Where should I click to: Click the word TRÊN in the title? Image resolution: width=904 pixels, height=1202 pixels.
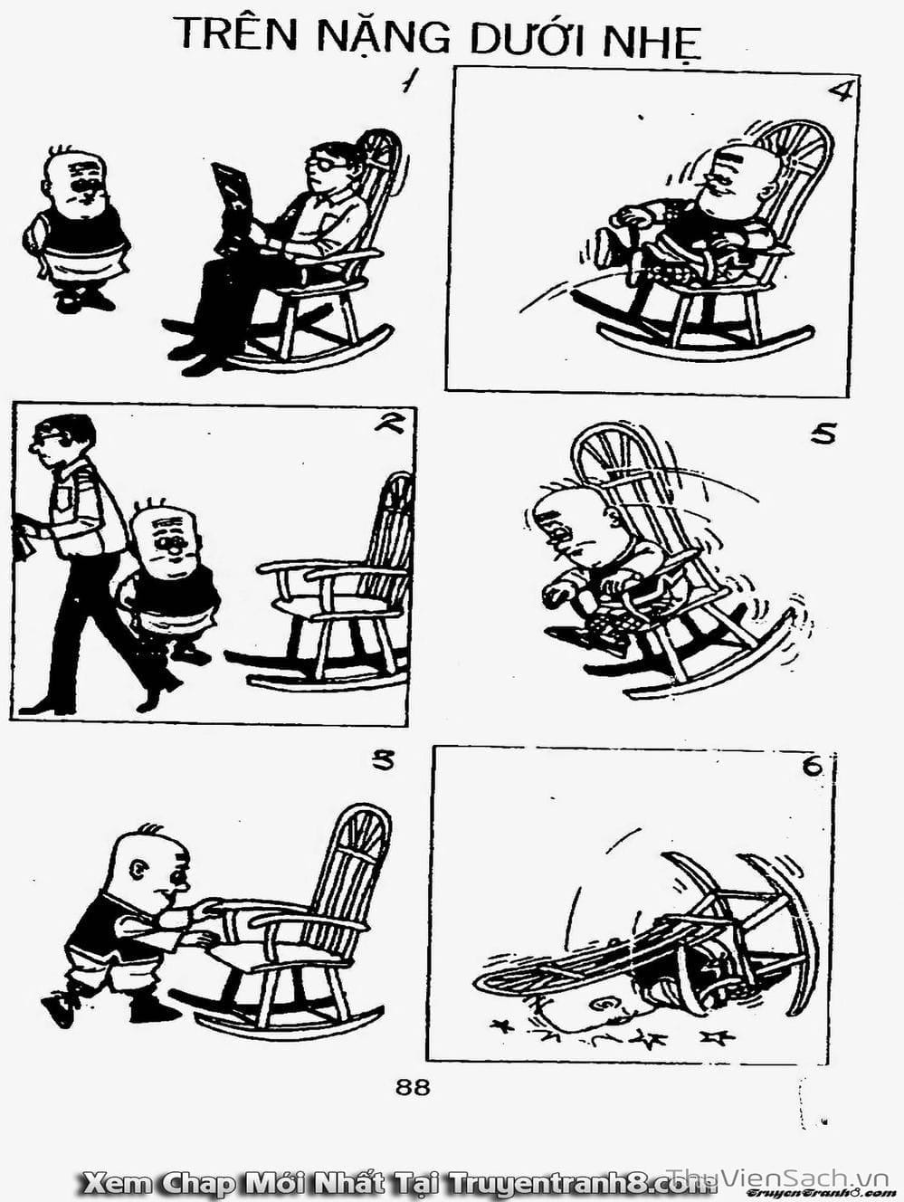241,32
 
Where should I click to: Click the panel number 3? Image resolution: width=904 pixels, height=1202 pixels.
383,761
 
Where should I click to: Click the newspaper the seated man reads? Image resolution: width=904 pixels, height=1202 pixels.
233,207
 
